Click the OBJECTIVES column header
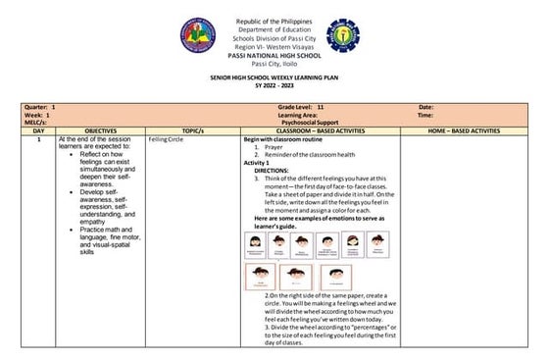tap(101, 129)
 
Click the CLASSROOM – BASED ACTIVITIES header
tap(320, 129)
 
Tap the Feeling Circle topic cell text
tap(166, 139)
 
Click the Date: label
tap(425, 106)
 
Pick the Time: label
tap(425, 114)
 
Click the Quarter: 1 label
tap(39, 106)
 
